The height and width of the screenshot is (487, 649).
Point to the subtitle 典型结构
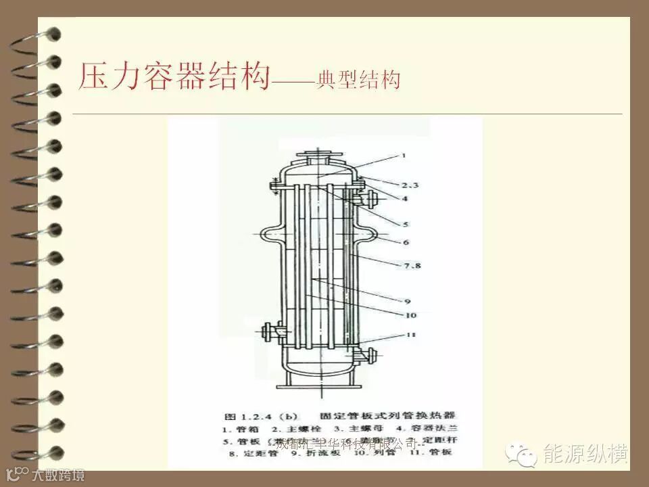[x=358, y=80]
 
